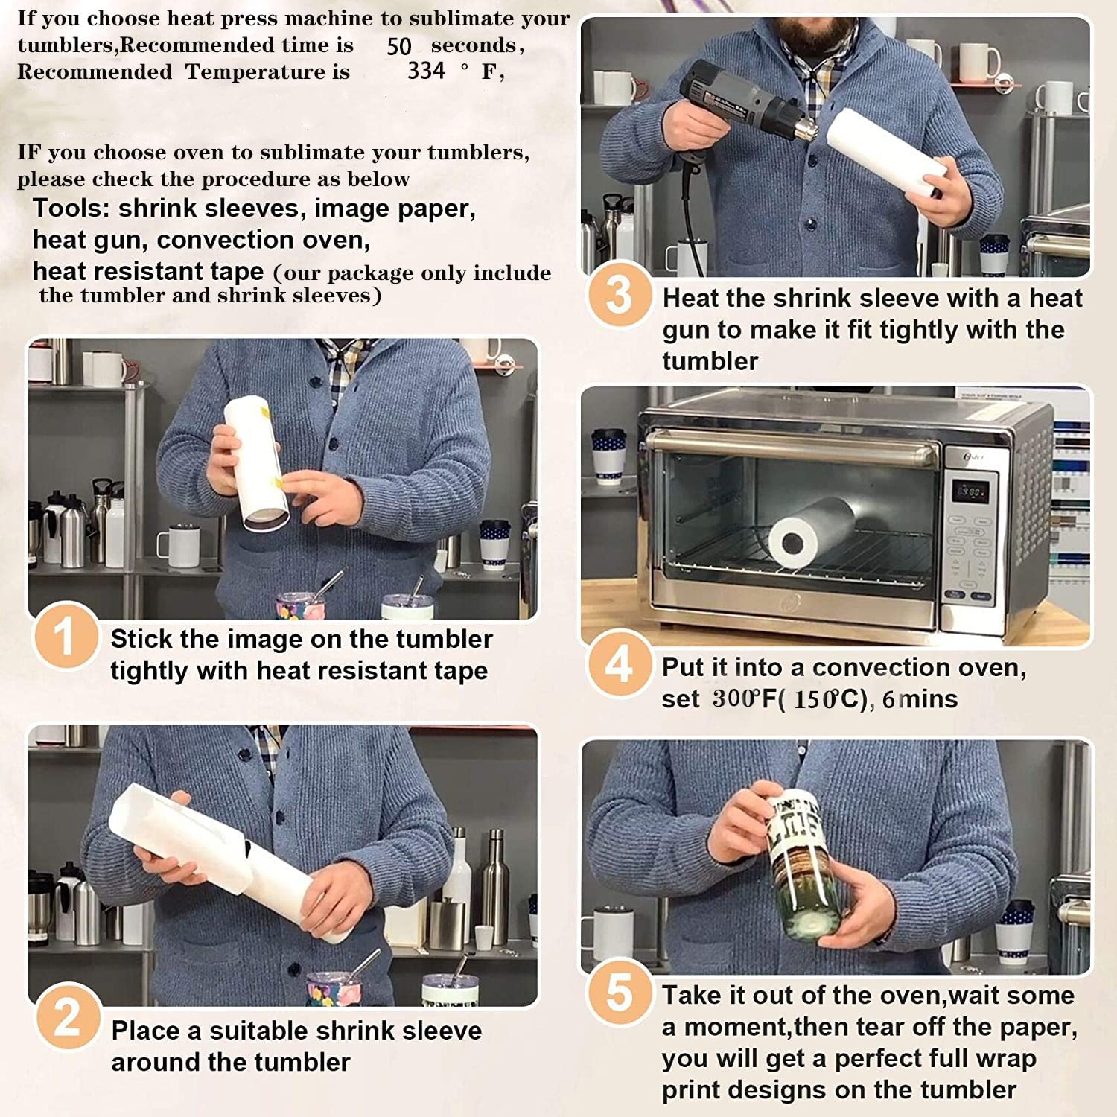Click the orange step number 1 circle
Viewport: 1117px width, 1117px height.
(x=66, y=637)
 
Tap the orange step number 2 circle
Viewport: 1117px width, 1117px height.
(x=67, y=1017)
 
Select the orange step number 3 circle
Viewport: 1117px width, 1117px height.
(x=620, y=294)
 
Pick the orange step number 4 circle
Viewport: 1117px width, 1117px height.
(x=620, y=663)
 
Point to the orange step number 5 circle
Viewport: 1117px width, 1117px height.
(x=620, y=992)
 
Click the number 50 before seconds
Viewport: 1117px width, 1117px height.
(x=399, y=46)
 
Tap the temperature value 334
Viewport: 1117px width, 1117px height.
(x=426, y=71)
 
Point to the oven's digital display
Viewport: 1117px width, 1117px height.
(x=971, y=491)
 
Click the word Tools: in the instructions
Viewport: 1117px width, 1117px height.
(x=71, y=209)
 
